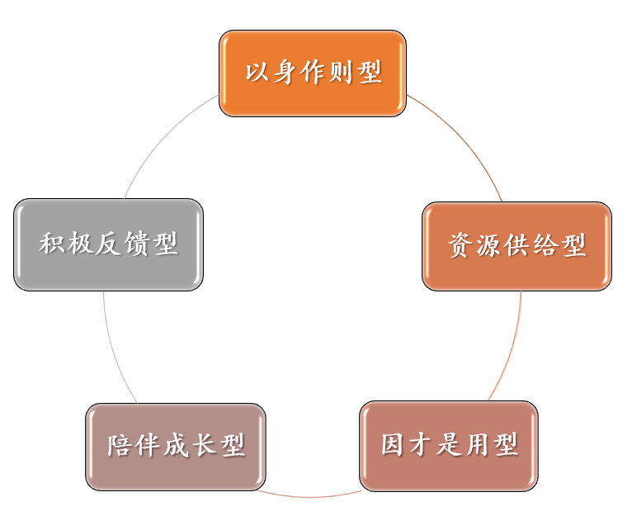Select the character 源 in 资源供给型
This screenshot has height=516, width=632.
point(489,245)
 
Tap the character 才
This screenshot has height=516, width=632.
point(421,445)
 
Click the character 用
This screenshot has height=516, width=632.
point(477,445)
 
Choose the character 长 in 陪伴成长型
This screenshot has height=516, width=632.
point(204,447)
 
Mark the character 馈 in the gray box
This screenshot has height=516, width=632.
point(136,244)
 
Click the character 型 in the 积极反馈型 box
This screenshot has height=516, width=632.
point(165,244)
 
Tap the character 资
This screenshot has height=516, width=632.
point(461,245)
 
